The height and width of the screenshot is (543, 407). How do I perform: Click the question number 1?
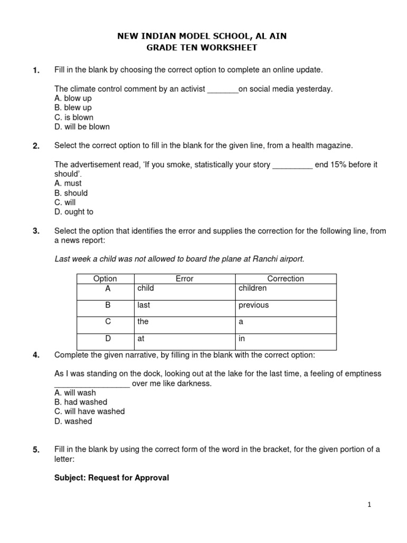coord(36,71)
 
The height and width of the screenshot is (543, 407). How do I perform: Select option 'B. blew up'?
coord(73,108)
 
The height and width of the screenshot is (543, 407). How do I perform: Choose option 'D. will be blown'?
coord(82,127)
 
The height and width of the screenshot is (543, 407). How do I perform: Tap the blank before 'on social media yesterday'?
coord(223,89)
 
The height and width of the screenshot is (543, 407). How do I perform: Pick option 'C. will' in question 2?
coord(65,203)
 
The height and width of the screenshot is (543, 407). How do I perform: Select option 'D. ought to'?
coord(74,212)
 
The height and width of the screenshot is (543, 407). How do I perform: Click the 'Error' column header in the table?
coord(184,279)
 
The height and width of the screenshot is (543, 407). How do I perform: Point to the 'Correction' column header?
coord(286,279)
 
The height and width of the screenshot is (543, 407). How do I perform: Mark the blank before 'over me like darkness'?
coord(92,384)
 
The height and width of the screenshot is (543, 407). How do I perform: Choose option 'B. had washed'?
coord(81,402)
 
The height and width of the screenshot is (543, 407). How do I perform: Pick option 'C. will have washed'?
coord(90,411)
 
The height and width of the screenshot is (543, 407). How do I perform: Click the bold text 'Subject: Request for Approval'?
coord(112,478)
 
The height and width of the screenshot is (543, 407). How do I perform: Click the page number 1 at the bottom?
coord(369,505)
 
